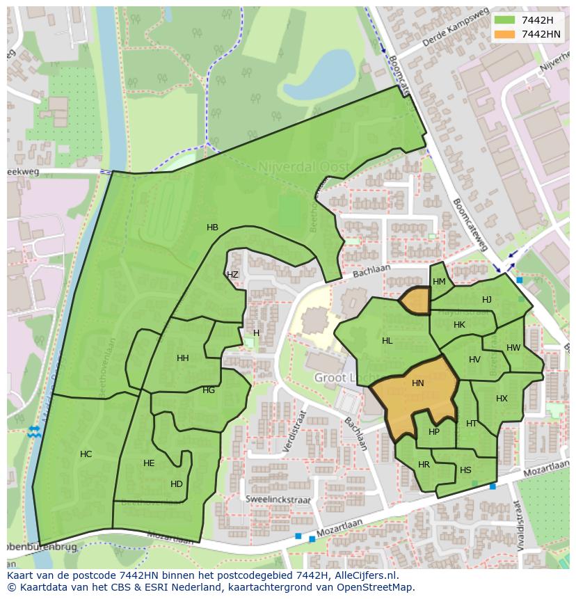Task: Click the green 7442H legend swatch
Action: (504, 19)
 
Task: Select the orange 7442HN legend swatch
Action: (504, 34)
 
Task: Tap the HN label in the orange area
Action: (417, 383)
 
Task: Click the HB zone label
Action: (212, 227)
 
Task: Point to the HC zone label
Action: (86, 454)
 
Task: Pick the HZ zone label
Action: (232, 275)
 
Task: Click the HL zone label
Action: (387, 341)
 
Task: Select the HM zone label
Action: (439, 282)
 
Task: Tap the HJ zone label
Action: (487, 300)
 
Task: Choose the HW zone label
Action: (513, 348)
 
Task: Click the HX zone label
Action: (502, 399)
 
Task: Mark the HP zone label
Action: (434, 432)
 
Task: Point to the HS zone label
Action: (465, 470)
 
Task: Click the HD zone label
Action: (176, 484)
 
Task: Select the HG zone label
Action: (209, 390)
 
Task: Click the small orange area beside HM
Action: (416, 301)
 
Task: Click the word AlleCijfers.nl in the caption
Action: (362, 575)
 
